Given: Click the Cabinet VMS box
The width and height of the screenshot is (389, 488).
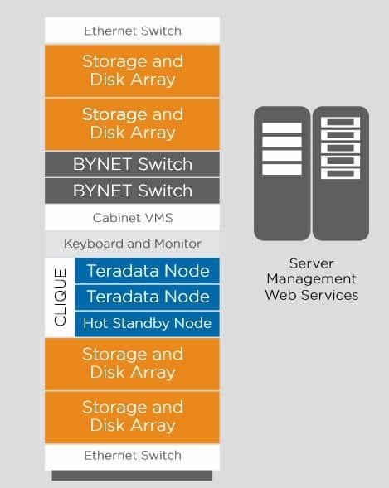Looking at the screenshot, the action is (x=132, y=217).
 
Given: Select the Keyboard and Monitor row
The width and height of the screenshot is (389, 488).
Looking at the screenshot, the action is (x=132, y=244).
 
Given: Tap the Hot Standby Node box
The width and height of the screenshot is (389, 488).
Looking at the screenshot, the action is (x=147, y=324).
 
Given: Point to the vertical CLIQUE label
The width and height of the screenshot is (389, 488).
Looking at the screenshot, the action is (x=60, y=297).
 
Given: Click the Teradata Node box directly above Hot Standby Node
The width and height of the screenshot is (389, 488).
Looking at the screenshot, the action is (x=147, y=297).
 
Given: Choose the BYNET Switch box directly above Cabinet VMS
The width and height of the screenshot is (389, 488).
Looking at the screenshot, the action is (x=132, y=191).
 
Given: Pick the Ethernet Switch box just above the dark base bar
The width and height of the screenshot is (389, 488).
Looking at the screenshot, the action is (x=132, y=457).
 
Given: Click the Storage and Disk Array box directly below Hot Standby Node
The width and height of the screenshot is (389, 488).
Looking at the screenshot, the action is (x=132, y=364).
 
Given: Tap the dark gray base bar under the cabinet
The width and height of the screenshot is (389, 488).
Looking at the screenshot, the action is (x=132, y=476).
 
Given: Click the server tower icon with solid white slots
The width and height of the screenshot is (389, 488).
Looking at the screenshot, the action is (x=282, y=173).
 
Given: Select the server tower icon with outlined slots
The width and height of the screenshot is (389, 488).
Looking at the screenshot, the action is (x=341, y=173).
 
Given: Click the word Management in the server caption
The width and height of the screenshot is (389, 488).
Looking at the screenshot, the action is (x=312, y=279).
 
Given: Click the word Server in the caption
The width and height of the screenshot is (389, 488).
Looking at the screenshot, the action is (x=312, y=263).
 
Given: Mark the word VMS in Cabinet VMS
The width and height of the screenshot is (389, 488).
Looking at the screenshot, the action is (x=158, y=218).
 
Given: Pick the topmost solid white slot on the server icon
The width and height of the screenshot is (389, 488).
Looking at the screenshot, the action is (x=282, y=128).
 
